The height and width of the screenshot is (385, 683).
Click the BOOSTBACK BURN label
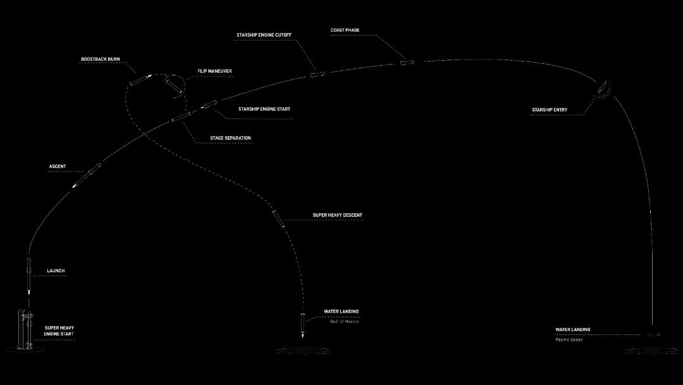click(x=100, y=60)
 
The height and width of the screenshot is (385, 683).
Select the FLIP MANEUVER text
click(x=215, y=71)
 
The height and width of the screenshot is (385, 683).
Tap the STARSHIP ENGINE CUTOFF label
click(x=264, y=35)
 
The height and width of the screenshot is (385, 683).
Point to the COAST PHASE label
click(x=345, y=30)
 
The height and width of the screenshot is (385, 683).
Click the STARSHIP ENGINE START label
click(x=264, y=109)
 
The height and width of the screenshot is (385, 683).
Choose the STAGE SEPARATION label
click(x=230, y=138)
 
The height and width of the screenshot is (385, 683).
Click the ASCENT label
click(x=58, y=167)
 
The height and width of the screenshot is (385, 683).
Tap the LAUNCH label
click(x=56, y=271)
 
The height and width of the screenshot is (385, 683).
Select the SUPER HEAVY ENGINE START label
click(x=59, y=331)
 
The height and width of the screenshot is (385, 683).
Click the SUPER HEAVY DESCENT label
click(x=338, y=215)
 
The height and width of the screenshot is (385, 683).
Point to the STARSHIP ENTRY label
click(x=550, y=110)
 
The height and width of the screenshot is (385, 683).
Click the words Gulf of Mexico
click(x=344, y=321)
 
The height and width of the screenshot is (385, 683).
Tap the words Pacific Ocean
click(x=569, y=339)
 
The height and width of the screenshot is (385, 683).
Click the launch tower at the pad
click(x=21, y=329)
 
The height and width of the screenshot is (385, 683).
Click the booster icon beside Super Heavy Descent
click(x=278, y=219)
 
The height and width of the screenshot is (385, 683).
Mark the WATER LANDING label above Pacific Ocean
click(x=573, y=330)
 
